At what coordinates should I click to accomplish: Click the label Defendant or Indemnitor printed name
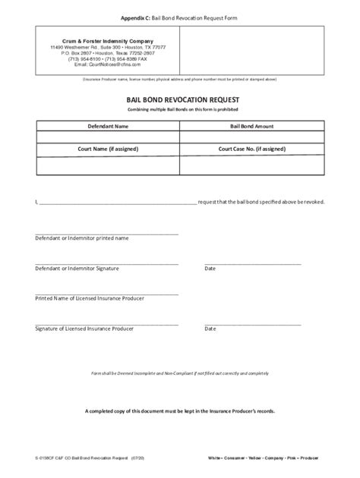click(82, 237)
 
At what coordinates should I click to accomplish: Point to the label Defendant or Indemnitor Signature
click(78, 268)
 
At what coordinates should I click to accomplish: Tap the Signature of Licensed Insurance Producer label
click(84, 329)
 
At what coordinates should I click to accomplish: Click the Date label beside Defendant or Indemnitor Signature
click(210, 268)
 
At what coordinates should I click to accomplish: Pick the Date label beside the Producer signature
click(210, 329)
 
